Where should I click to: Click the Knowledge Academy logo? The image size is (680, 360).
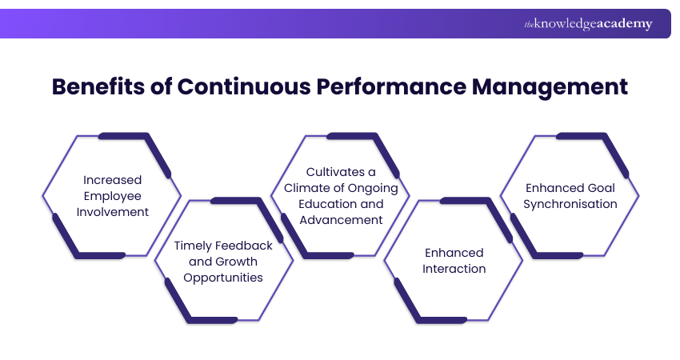(x=588, y=24)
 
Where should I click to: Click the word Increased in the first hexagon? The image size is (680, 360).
(x=112, y=180)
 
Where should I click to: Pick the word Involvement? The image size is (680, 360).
(x=112, y=212)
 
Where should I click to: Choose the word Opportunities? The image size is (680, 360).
(x=223, y=278)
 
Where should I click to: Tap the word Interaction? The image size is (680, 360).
(x=454, y=269)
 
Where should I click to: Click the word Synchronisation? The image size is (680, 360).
(x=570, y=204)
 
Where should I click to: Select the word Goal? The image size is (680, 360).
(x=599, y=188)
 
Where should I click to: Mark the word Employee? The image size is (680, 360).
(x=112, y=196)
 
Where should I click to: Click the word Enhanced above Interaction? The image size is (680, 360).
(x=454, y=253)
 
